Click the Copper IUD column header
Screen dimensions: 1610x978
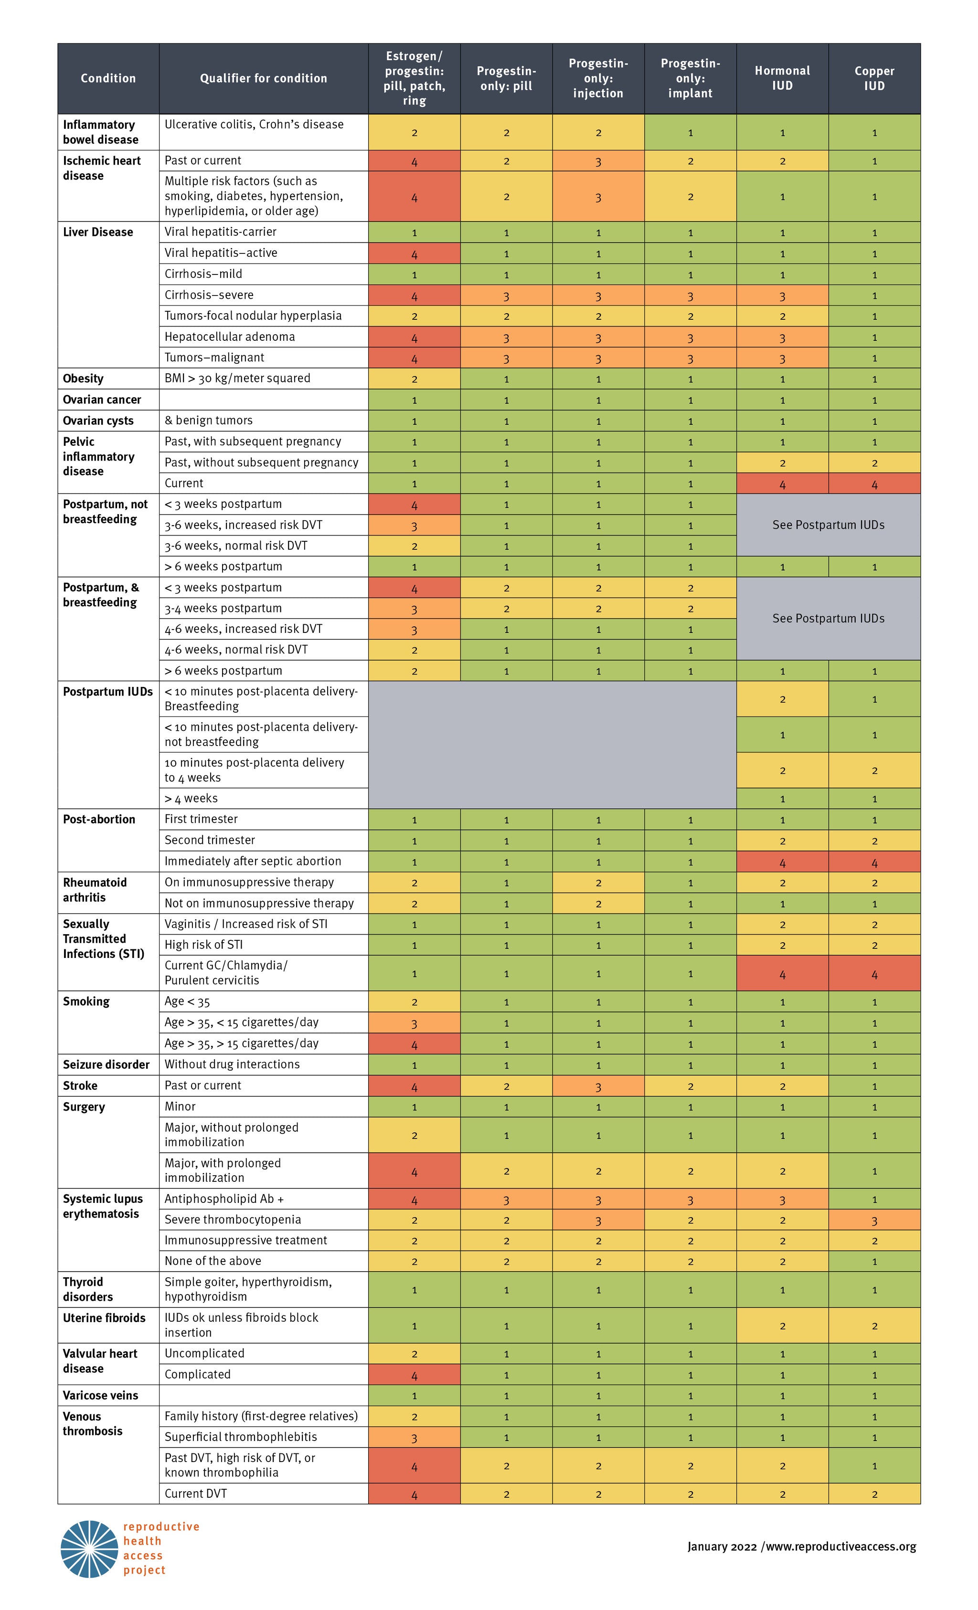pos(874,78)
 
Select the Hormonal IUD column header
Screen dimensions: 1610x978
pos(782,78)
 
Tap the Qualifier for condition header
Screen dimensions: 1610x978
pos(264,78)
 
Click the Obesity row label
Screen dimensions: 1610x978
pos(83,379)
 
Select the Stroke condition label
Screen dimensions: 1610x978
pos(80,1085)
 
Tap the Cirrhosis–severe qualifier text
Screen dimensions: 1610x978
pos(209,295)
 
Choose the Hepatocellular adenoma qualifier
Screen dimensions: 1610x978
pos(230,337)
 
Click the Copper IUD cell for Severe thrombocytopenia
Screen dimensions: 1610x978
pos(874,1220)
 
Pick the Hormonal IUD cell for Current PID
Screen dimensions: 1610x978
pos(782,484)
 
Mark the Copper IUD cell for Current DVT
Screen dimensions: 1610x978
pos(874,1494)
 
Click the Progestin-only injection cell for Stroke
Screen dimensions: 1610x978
pos(598,1086)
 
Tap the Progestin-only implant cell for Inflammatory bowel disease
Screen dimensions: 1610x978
pos(691,133)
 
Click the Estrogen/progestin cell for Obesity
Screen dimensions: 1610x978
pos(414,379)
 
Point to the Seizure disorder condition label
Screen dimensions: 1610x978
pos(106,1064)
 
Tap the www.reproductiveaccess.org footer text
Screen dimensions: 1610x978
pos(841,1547)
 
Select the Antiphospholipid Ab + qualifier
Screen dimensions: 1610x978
pos(224,1199)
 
